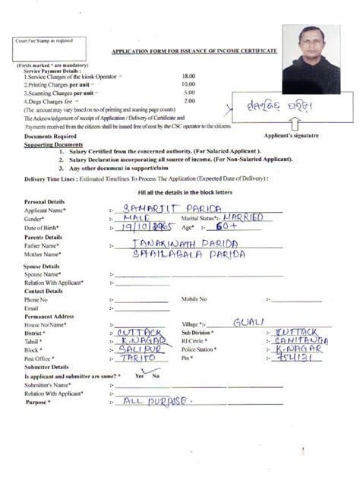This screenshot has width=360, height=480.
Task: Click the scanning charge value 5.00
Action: pyautogui.click(x=188, y=93)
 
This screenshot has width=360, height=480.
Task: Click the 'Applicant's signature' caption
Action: pyautogui.click(x=308, y=134)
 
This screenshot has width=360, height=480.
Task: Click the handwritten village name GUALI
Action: pyautogui.click(x=249, y=322)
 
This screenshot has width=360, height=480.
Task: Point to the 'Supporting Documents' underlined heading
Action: pyautogui.click(x=53, y=144)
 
